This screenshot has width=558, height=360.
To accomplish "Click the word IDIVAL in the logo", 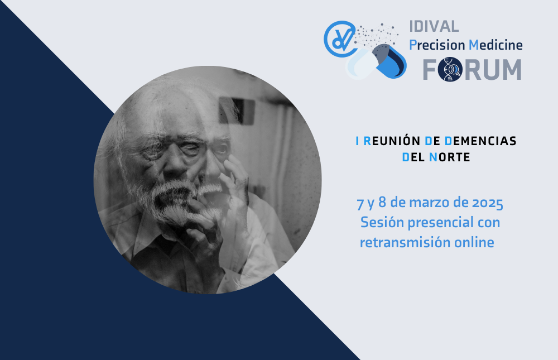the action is pyautogui.click(x=434, y=27).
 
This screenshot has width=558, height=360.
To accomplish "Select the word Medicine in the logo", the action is pyautogui.click(x=496, y=45).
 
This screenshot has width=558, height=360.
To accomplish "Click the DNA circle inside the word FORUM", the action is pyautogui.click(x=450, y=69).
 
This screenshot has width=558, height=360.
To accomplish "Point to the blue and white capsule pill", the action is pyautogui.click(x=377, y=62).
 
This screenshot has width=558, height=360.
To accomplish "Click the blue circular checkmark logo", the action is pyautogui.click(x=340, y=39).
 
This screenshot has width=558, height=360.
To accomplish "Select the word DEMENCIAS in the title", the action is pyautogui.click(x=480, y=141).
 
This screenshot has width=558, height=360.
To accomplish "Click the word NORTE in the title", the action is pyautogui.click(x=449, y=157).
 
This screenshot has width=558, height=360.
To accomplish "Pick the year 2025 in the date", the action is pyautogui.click(x=488, y=203).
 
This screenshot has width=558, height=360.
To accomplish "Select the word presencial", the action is pyautogui.click(x=441, y=223).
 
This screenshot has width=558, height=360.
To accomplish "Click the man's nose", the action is pyautogui.click(x=175, y=164).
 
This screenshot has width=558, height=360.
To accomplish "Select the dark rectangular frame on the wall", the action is pyautogui.click(x=237, y=111).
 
